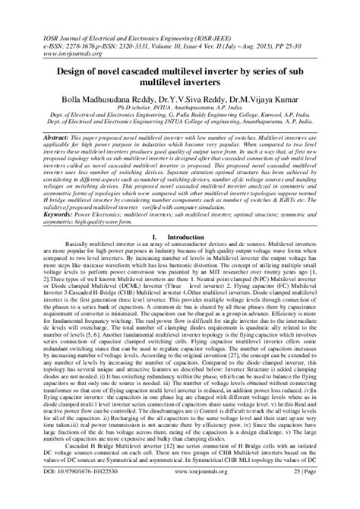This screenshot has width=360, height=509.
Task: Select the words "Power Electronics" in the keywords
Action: [x=95, y=215]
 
